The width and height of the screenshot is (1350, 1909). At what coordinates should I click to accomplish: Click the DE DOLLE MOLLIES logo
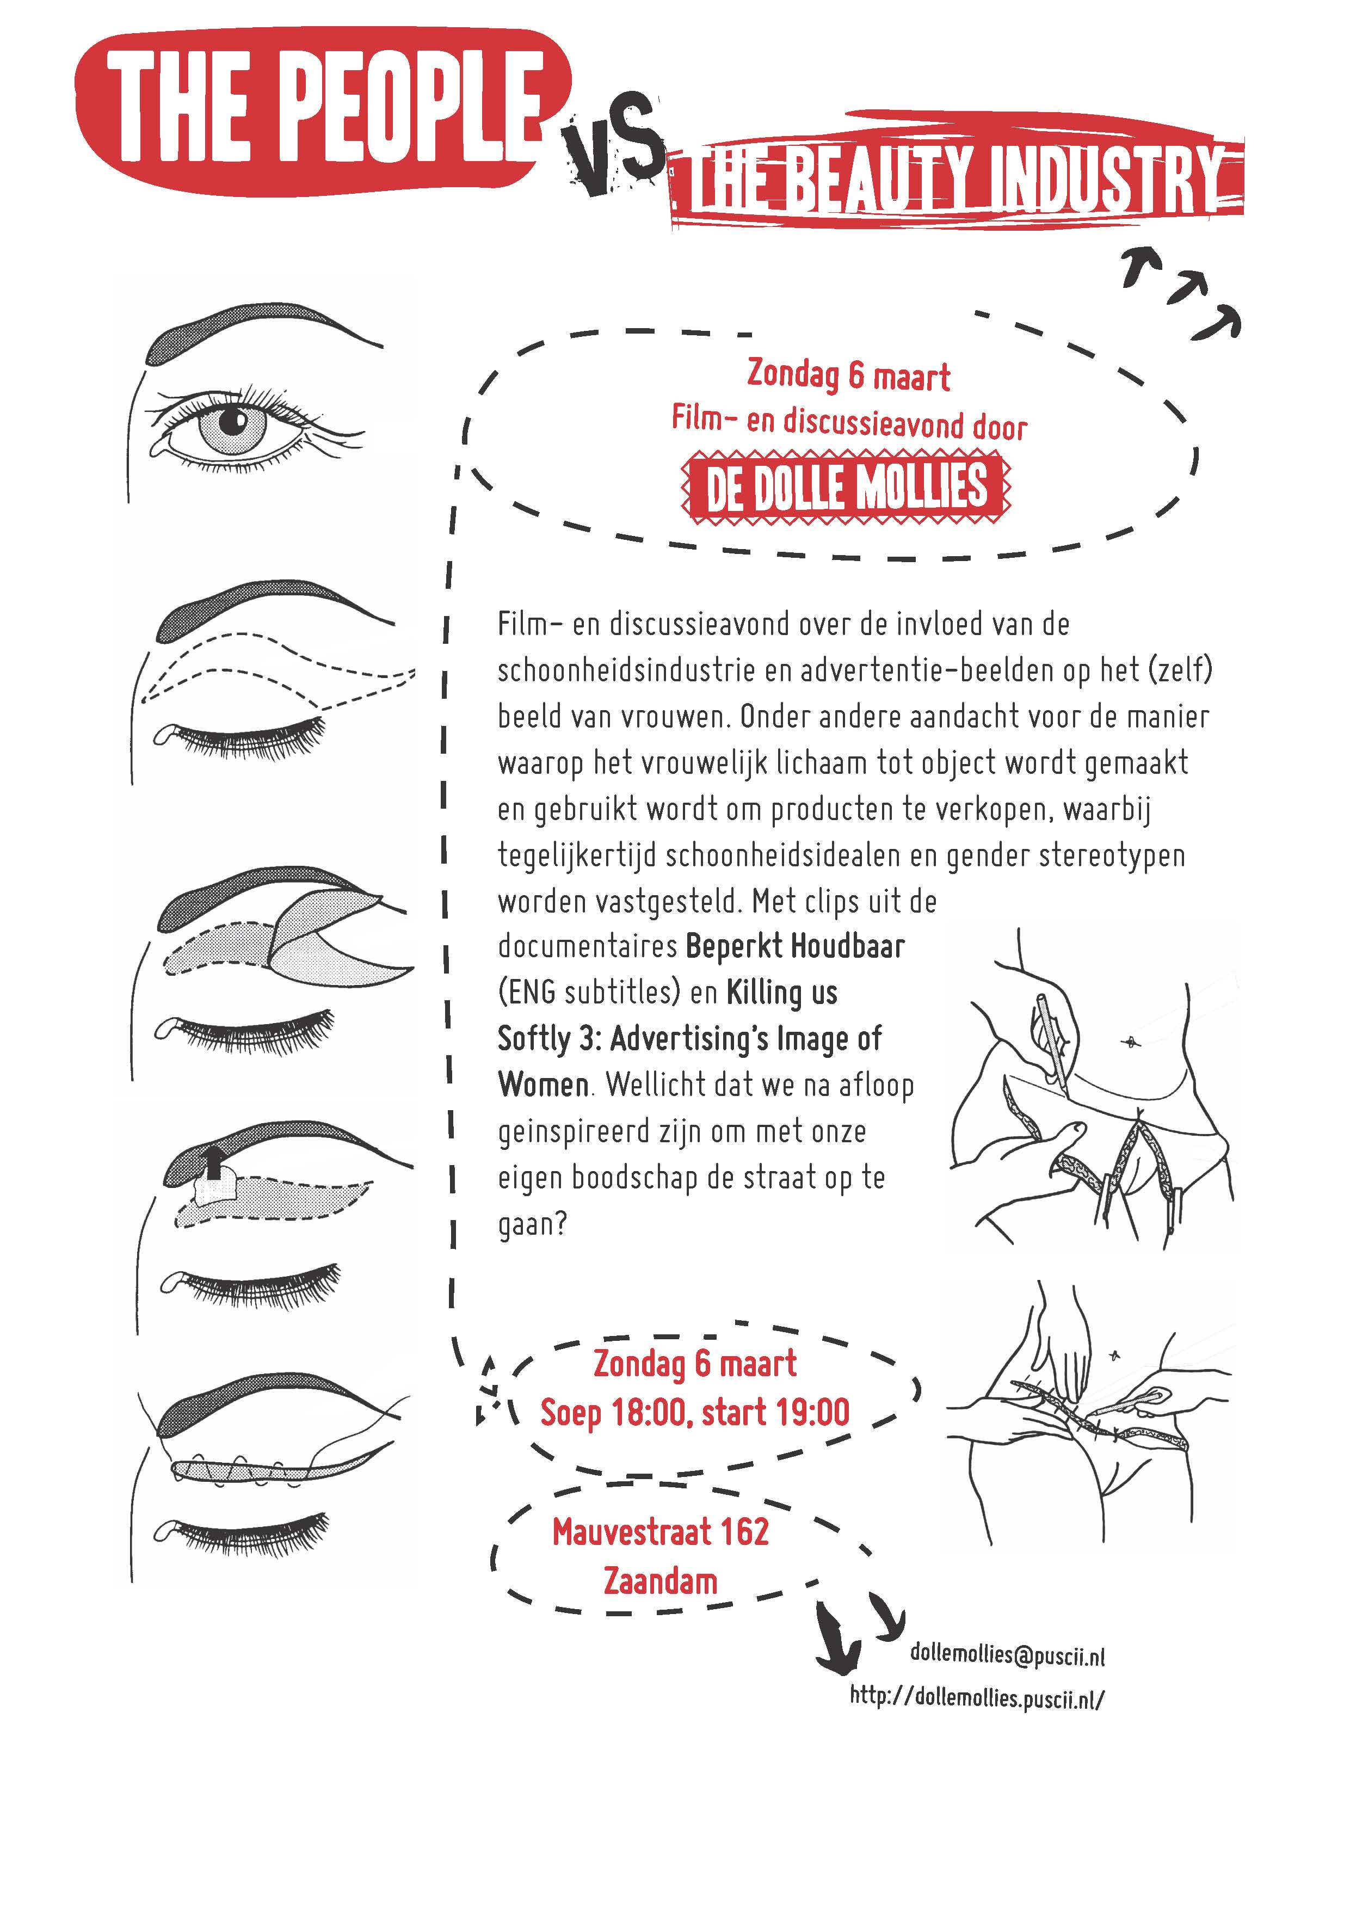coord(846,488)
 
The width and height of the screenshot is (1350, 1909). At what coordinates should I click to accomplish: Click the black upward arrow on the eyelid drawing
coord(214,1164)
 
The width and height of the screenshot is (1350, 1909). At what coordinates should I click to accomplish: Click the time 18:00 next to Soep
coord(652,1413)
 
